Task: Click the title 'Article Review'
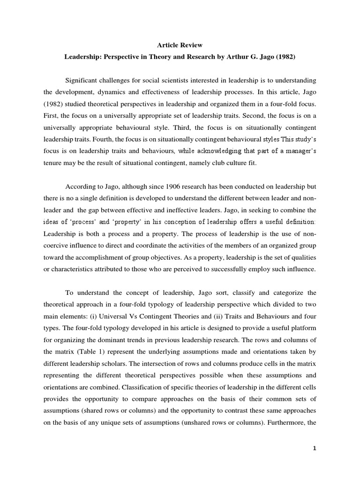[180, 45]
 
